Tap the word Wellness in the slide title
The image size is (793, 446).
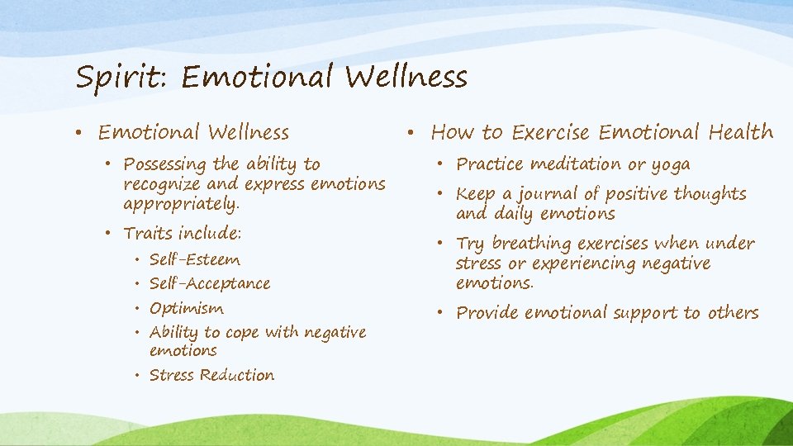(406, 78)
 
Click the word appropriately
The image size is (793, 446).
(181, 203)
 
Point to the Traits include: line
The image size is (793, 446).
(182, 234)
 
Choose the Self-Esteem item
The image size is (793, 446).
(195, 260)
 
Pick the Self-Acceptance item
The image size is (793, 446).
(210, 284)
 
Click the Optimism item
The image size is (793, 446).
(187, 309)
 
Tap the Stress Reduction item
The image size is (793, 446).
(211, 375)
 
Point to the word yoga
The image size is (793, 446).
(670, 164)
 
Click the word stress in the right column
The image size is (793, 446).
(478, 264)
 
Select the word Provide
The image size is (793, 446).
(487, 313)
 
